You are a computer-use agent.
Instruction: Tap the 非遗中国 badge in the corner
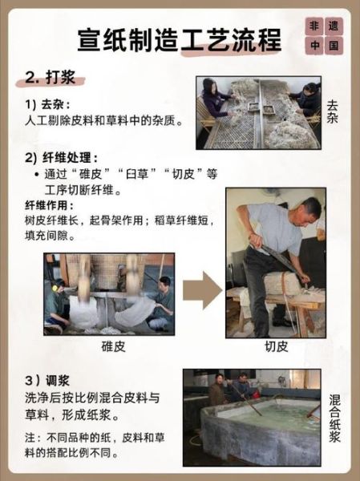(323, 35)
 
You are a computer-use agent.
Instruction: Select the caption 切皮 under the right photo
(275, 346)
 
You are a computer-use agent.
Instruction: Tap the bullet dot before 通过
(38, 174)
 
